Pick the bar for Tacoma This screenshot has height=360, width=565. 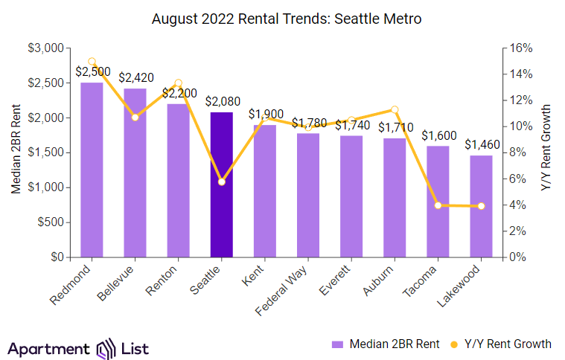pyautogui.click(x=438, y=202)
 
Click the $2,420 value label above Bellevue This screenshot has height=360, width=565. pyautogui.click(x=135, y=77)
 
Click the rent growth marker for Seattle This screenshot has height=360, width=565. pyautogui.click(x=222, y=181)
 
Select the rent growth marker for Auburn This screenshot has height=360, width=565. pyautogui.click(x=395, y=109)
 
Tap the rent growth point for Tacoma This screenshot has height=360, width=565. pyautogui.click(x=438, y=205)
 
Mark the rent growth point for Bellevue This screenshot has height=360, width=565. pyautogui.click(x=135, y=117)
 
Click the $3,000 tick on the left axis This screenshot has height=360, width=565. pyautogui.click(x=46, y=48)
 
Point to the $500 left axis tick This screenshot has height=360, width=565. pyautogui.click(x=51, y=222)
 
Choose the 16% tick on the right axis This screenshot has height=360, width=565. pyautogui.click(x=519, y=48)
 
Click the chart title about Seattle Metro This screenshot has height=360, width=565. pyautogui.click(x=287, y=19)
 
